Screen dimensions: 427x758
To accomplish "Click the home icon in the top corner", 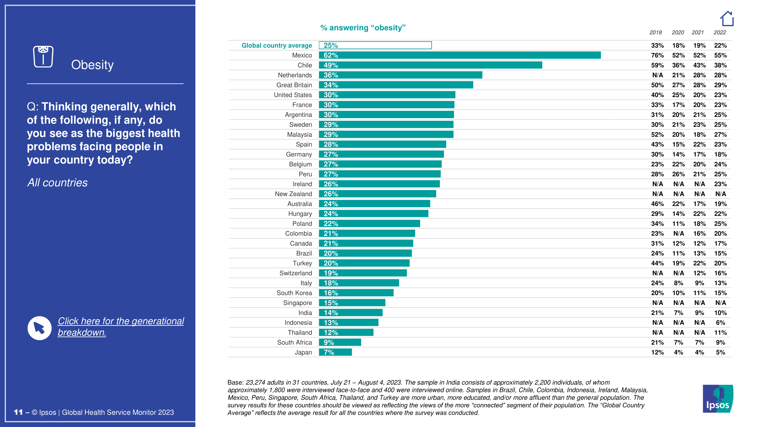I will [727, 19].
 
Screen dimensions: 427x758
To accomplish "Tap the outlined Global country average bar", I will [375, 45].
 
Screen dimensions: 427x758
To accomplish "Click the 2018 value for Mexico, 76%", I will [657, 56].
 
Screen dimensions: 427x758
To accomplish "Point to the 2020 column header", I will [678, 32].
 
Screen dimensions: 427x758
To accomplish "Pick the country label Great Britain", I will [294, 85].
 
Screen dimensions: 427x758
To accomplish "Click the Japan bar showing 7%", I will [335, 352].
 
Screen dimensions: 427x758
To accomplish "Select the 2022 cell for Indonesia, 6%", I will [720, 323].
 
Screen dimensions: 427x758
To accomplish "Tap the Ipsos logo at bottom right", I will [718, 399].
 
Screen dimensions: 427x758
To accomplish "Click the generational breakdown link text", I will [121, 327].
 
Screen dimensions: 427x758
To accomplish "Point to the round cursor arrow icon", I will [40, 328].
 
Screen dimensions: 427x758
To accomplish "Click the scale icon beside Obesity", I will [43, 57].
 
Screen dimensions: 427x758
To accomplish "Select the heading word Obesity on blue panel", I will [92, 65].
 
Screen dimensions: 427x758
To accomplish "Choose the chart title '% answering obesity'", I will [363, 28].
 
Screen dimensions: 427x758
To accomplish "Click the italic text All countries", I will [57, 183].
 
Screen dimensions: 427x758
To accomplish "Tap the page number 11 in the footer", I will [18, 412].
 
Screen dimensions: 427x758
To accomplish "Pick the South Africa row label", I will [294, 342].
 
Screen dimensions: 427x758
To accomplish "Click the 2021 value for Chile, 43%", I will [699, 65].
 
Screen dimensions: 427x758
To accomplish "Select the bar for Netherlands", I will [400, 75].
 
